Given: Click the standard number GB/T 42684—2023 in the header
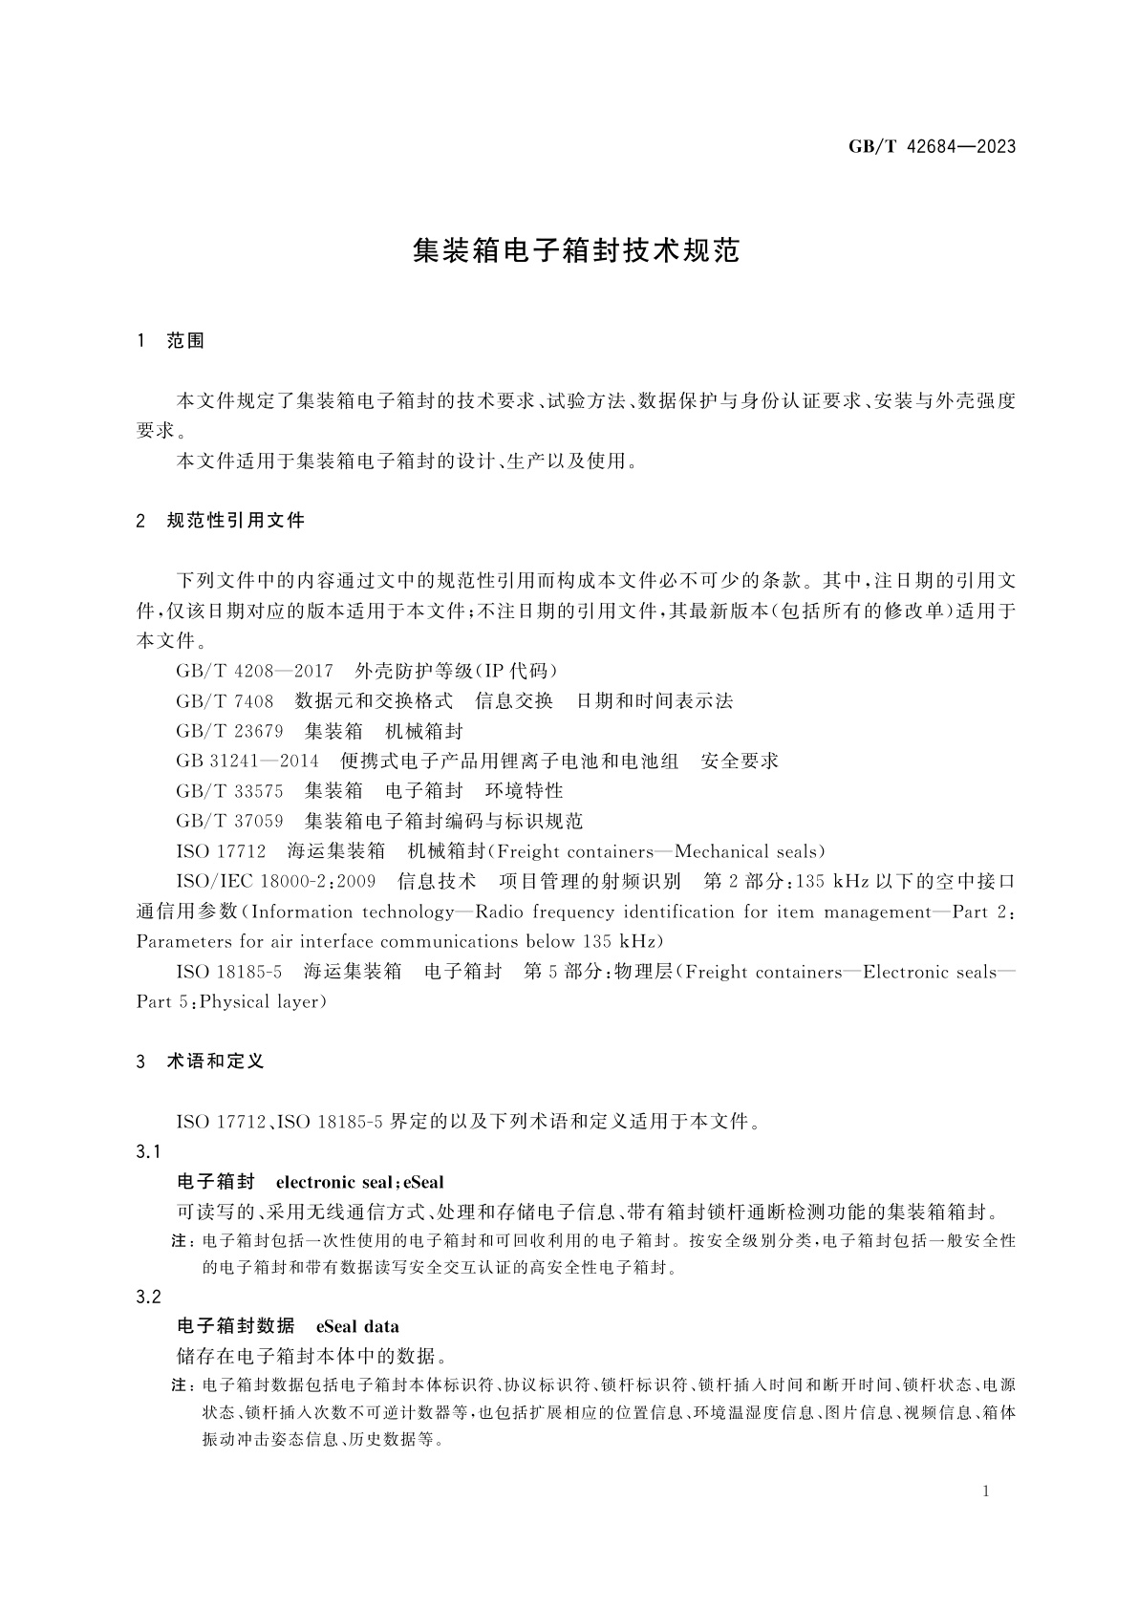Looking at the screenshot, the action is pyautogui.click(x=932, y=146).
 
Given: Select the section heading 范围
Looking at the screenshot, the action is pyautogui.click(x=185, y=341).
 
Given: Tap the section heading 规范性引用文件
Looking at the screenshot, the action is pyautogui.click(x=235, y=521).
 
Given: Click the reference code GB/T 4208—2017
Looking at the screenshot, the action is pyautogui.click(x=254, y=671).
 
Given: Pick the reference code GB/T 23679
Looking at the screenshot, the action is pyautogui.click(x=229, y=731).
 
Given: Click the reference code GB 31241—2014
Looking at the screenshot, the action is pyautogui.click(x=247, y=761).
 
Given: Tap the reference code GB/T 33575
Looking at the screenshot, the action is pyautogui.click(x=229, y=791).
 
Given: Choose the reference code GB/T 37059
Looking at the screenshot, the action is pyautogui.click(x=229, y=821).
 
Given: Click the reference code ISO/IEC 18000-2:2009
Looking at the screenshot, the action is pyautogui.click(x=275, y=881).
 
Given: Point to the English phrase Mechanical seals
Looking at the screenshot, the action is pyautogui.click(x=746, y=851).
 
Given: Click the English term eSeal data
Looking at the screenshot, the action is pyautogui.click(x=357, y=1326).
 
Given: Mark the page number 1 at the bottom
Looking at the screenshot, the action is pyautogui.click(x=986, y=1491).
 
